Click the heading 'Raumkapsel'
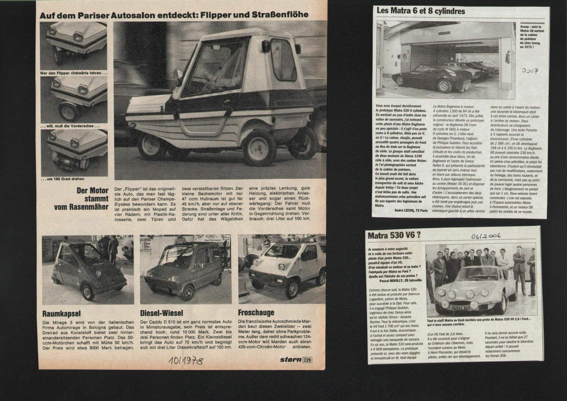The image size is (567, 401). (x=61, y=313)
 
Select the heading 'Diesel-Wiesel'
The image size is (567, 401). (x=162, y=313)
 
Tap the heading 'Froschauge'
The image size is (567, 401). (x=256, y=313)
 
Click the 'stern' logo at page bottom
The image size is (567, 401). (x=291, y=360)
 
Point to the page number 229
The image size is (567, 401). (x=307, y=360)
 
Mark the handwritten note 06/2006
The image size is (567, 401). (x=486, y=236)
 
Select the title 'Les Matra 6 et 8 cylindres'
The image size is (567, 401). (x=421, y=11)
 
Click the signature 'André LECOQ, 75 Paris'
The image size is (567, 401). (x=411, y=210)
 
